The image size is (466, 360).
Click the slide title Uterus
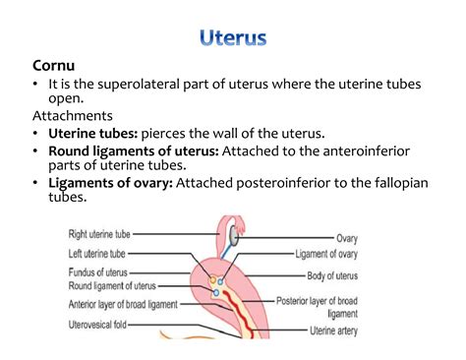(x=232, y=40)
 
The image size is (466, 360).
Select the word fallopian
(x=392, y=182)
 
